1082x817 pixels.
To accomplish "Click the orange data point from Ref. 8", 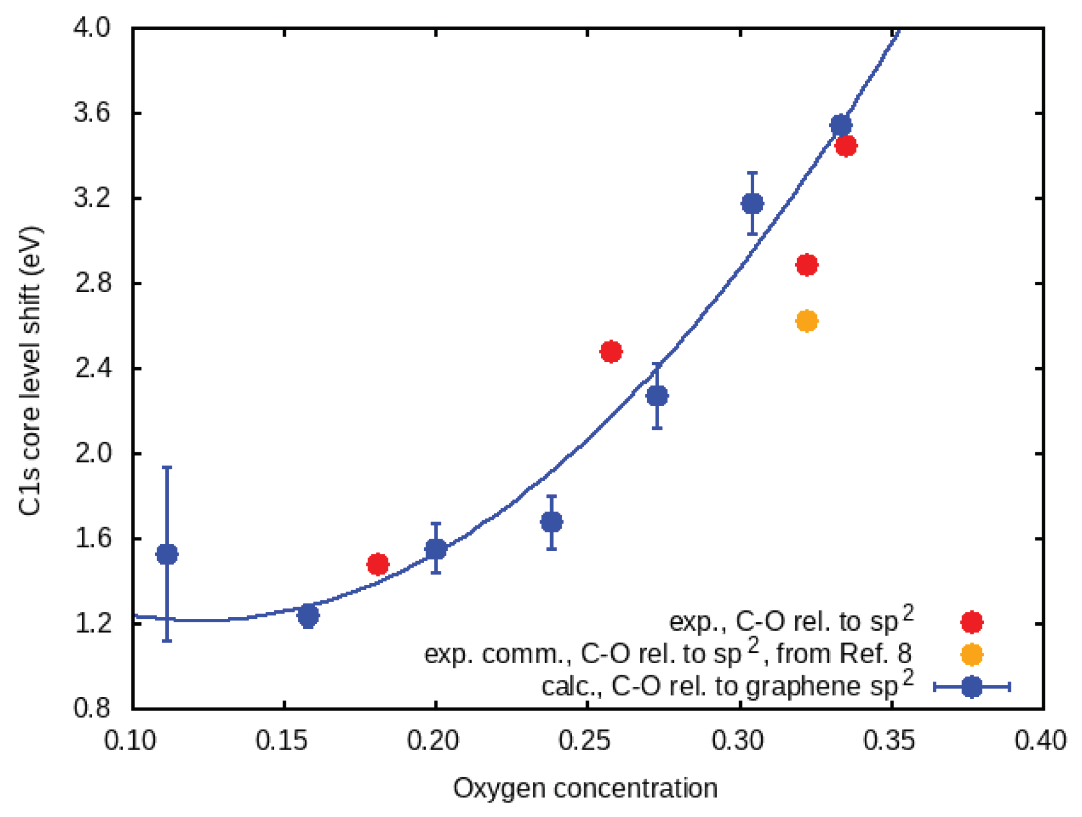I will tap(807, 321).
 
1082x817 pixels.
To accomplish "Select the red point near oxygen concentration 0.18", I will tap(377, 564).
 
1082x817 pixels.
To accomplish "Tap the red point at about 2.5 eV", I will tap(611, 351).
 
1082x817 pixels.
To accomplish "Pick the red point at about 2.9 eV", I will tap(807, 265).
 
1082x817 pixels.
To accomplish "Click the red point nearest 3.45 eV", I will tap(846, 146).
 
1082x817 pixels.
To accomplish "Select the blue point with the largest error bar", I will tap(167, 554).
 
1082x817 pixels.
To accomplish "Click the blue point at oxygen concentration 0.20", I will tap(436, 549).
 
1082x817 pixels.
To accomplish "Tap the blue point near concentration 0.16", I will tap(308, 616).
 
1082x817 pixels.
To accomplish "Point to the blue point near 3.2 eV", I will tap(752, 203).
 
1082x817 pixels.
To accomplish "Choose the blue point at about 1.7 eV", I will tap(551, 522).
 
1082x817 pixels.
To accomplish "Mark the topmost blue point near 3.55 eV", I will tap(841, 125).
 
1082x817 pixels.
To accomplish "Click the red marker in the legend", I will tap(971, 622).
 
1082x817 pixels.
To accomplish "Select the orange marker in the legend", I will tap(971, 655).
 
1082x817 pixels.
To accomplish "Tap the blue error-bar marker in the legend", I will tap(971, 687).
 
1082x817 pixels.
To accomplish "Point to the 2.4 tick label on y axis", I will tap(92, 368).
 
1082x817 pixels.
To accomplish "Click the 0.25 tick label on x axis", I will tap(586, 741).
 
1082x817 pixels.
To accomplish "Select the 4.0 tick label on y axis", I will tap(92, 27).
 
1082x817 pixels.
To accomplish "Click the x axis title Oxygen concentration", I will tap(585, 788).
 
